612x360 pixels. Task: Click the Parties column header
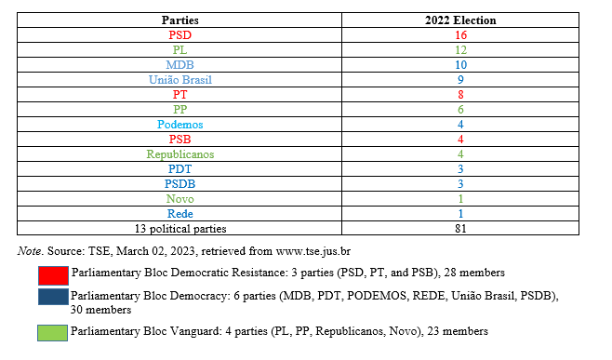click(180, 20)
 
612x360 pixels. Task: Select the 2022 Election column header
click(459, 20)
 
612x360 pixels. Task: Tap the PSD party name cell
click(180, 34)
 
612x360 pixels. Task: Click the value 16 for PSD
click(459, 34)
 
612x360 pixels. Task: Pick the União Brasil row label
click(180, 79)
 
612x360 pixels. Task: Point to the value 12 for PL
click(459, 49)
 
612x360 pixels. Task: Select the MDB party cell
click(180, 64)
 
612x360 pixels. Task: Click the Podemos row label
click(180, 124)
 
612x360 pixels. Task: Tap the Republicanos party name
click(180, 153)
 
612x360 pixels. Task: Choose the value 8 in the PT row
click(459, 94)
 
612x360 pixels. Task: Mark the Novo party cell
click(180, 198)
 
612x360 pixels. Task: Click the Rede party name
click(180, 213)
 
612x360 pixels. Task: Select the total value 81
click(459, 228)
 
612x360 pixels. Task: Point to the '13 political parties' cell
click(180, 228)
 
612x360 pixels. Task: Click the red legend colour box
click(53, 273)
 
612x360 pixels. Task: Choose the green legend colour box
click(53, 331)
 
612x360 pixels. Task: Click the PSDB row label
click(180, 183)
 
